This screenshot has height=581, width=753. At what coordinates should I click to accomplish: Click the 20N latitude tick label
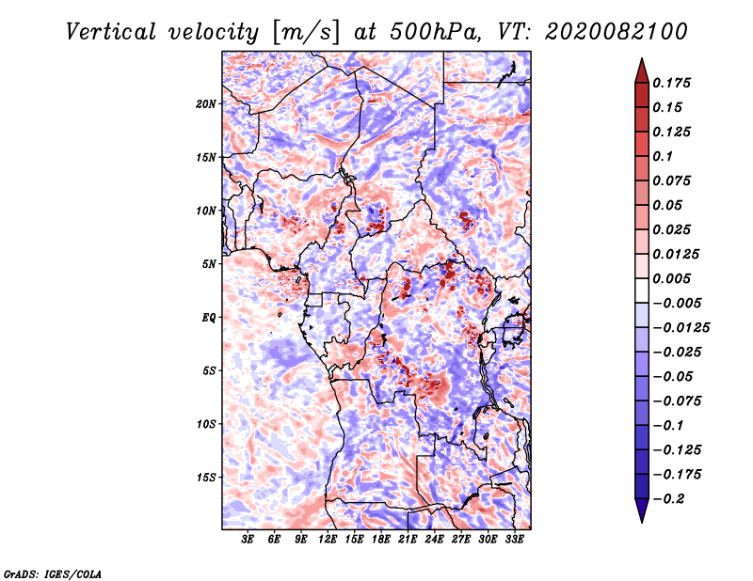point(206,103)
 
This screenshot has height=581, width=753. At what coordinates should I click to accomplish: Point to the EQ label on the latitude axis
point(209,318)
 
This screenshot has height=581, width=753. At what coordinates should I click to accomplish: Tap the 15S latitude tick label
point(206,478)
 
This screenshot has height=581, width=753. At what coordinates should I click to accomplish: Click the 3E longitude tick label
point(248,540)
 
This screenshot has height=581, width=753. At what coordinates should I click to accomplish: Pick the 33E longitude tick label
point(514,540)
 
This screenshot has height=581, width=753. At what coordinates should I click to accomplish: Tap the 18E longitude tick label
point(381,540)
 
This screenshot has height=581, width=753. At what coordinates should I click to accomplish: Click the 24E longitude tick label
point(434,540)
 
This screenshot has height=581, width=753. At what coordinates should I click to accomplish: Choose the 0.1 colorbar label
point(666,156)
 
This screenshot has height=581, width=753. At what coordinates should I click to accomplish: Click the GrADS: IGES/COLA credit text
point(53,573)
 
